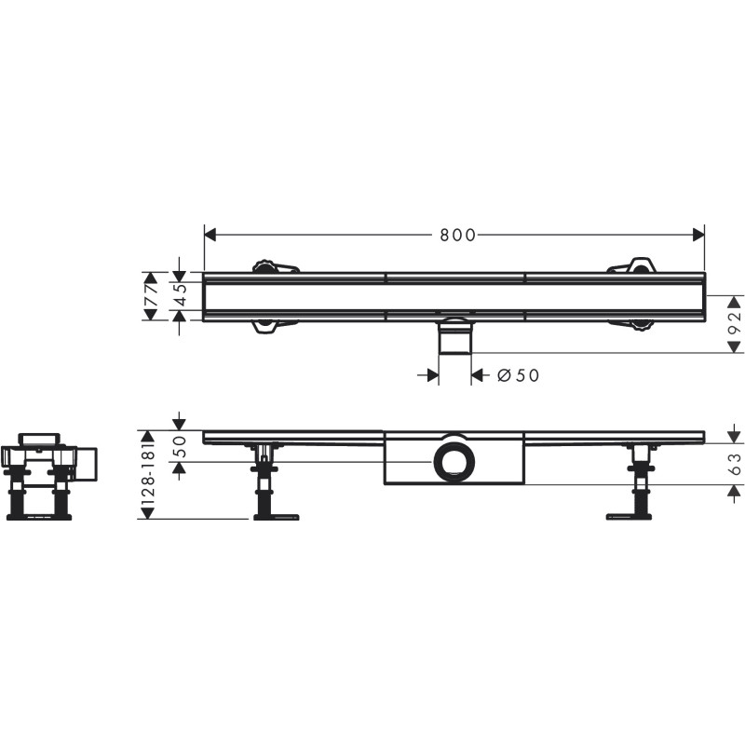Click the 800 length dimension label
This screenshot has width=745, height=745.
(457, 235)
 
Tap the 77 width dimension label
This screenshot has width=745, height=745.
(151, 296)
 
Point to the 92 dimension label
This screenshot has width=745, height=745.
(735, 323)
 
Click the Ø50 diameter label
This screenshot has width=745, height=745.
(518, 375)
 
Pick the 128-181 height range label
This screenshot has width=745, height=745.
(149, 476)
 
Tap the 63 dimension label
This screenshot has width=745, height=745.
(735, 464)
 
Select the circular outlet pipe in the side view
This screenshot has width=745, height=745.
(454, 462)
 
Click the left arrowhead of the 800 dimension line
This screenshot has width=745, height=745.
(210, 235)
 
